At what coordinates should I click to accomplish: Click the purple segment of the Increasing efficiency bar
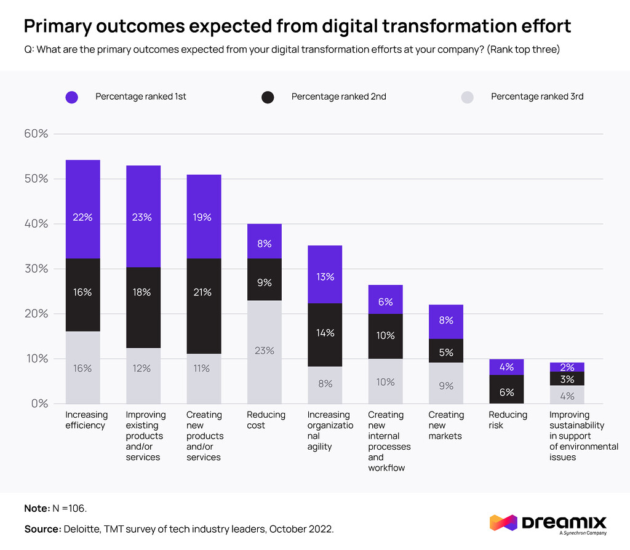click(82, 209)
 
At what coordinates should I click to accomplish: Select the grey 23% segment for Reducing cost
click(264, 351)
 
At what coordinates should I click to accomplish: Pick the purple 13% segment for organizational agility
click(324, 274)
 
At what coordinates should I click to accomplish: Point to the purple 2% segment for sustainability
click(567, 367)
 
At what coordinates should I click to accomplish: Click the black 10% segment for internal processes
click(385, 336)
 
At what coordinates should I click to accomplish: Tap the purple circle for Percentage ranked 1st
click(71, 97)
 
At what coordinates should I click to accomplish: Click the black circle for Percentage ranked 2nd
click(267, 97)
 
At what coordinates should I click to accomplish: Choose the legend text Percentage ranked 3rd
click(536, 97)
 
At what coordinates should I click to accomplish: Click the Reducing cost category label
click(266, 420)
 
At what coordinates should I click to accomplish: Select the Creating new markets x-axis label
click(445, 425)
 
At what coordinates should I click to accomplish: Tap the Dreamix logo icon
click(503, 523)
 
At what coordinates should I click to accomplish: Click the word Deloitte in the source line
click(84, 529)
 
